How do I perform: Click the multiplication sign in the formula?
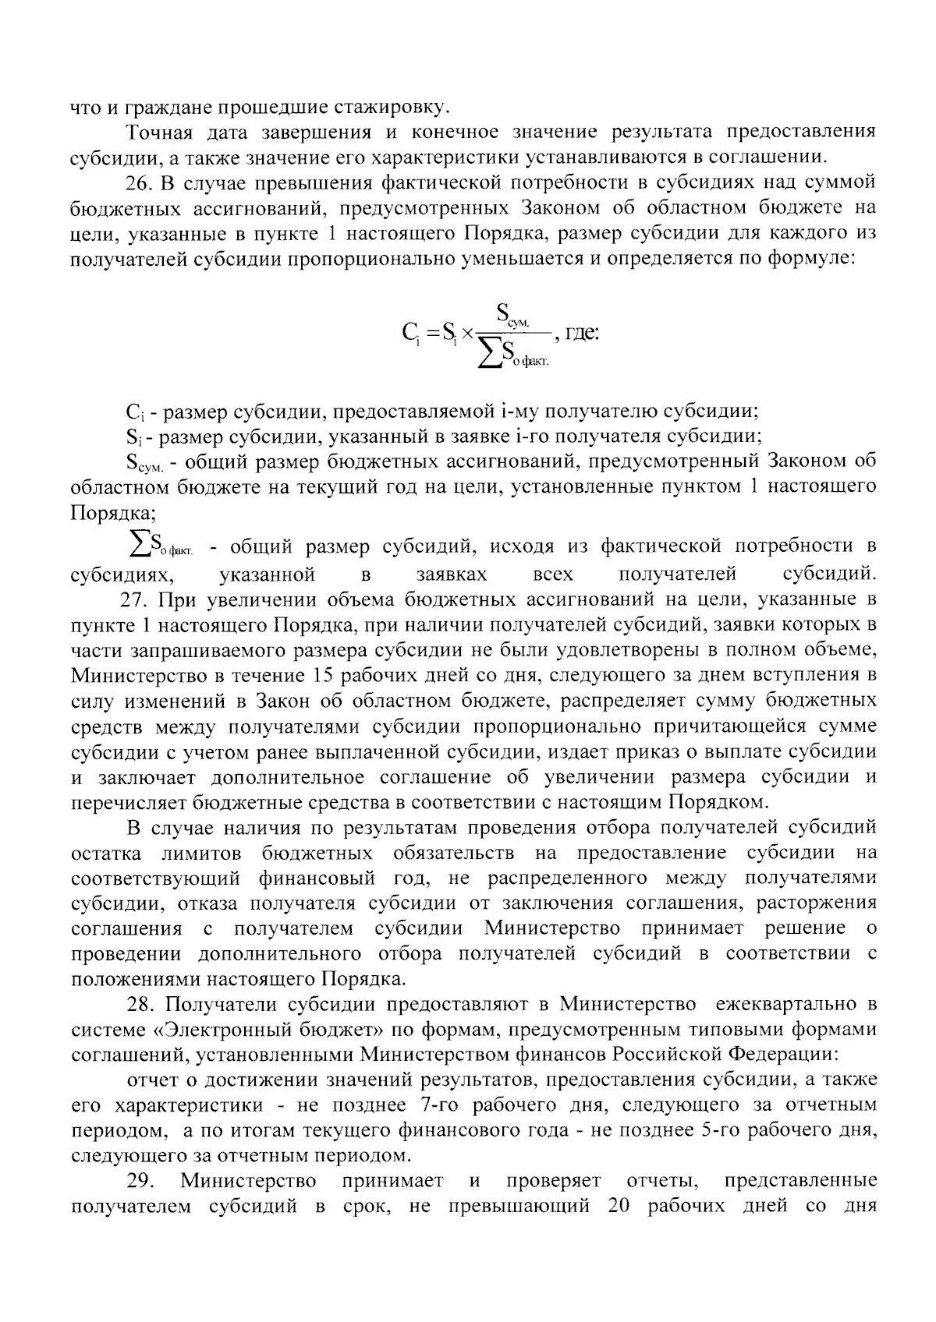click(x=466, y=334)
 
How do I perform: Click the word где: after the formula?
click(x=580, y=334)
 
